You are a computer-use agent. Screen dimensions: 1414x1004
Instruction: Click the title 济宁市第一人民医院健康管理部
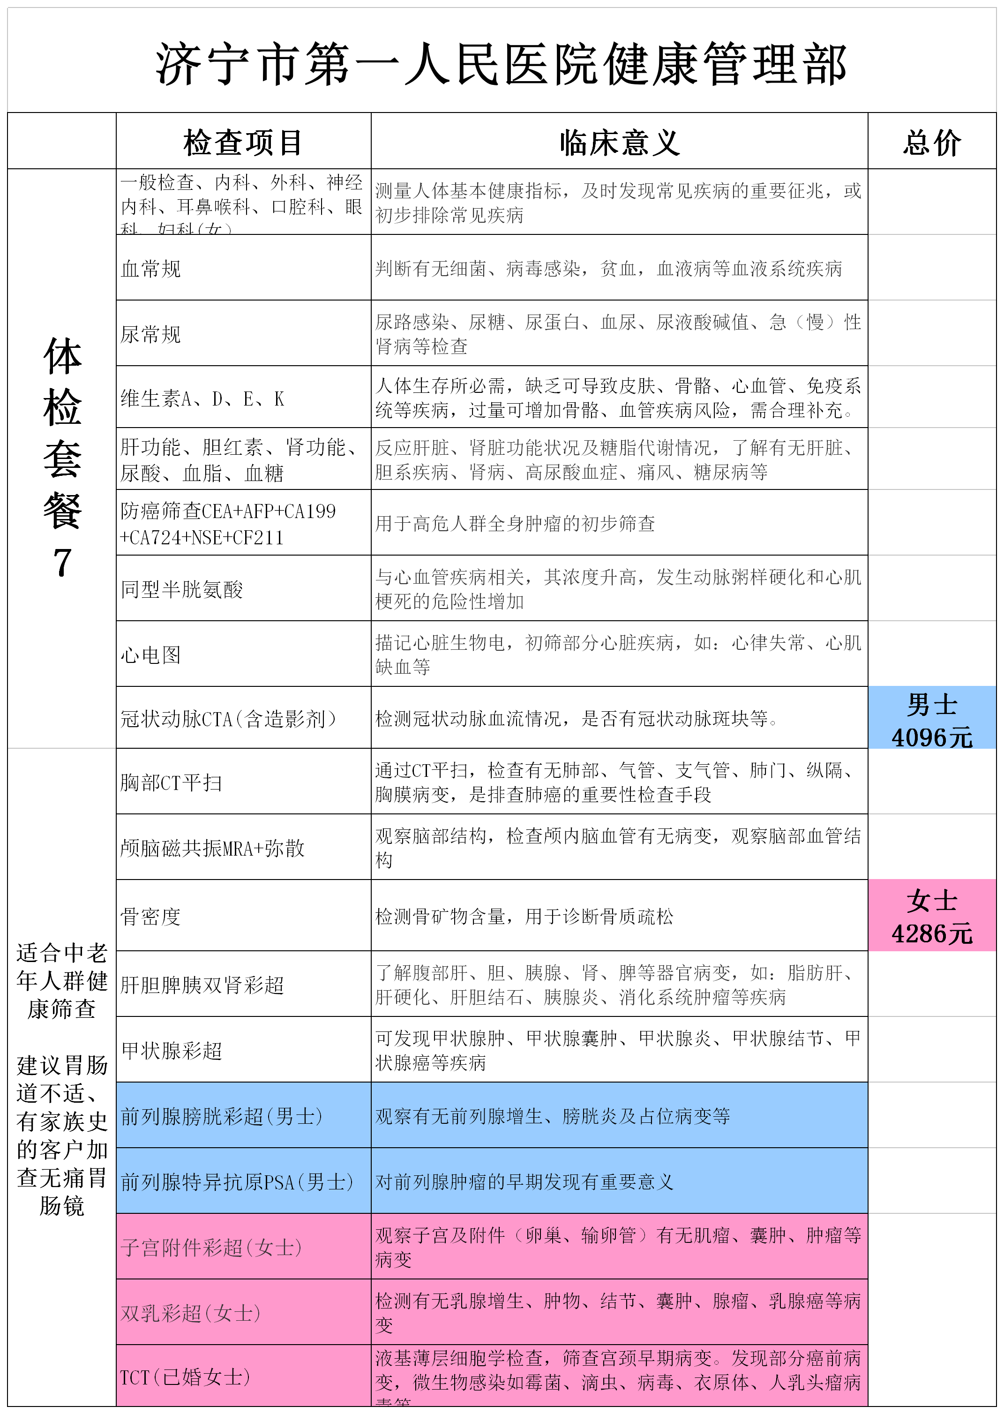click(501, 64)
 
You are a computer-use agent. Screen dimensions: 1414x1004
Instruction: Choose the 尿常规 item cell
click(151, 334)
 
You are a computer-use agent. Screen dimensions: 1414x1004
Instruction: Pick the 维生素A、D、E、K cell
click(202, 399)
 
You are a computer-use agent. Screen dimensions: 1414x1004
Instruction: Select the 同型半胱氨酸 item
click(182, 589)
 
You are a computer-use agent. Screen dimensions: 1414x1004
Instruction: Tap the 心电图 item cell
click(151, 655)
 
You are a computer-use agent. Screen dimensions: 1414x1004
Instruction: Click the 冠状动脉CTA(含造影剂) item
click(229, 718)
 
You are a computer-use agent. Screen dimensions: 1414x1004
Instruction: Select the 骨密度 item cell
click(151, 916)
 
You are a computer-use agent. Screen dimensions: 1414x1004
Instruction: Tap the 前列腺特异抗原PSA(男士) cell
click(237, 1181)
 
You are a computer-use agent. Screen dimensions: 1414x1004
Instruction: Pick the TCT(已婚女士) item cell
click(186, 1376)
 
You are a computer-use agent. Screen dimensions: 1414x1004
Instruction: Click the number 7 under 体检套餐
click(62, 563)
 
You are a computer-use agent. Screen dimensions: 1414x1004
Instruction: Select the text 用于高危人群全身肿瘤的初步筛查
click(515, 524)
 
